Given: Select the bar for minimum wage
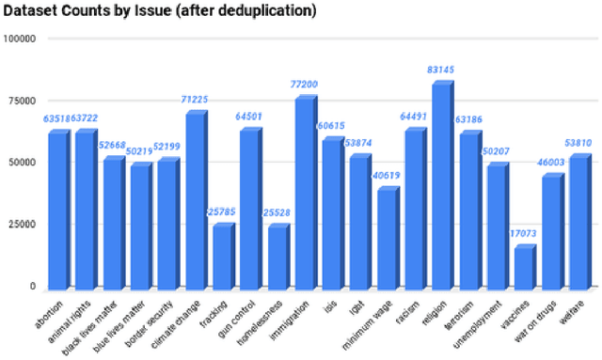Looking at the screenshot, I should click(x=386, y=239).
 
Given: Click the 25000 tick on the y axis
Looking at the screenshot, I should click(x=22, y=224).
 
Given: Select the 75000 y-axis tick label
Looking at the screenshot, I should click(x=22, y=101).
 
